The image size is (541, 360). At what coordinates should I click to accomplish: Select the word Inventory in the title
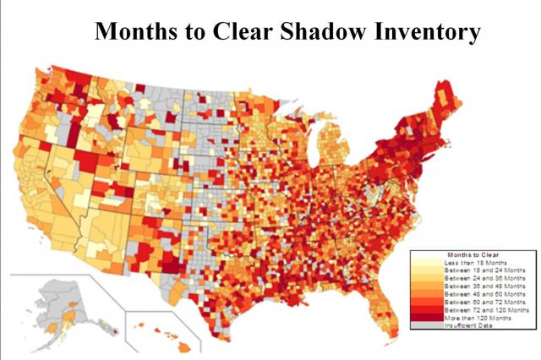coord(432,31)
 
